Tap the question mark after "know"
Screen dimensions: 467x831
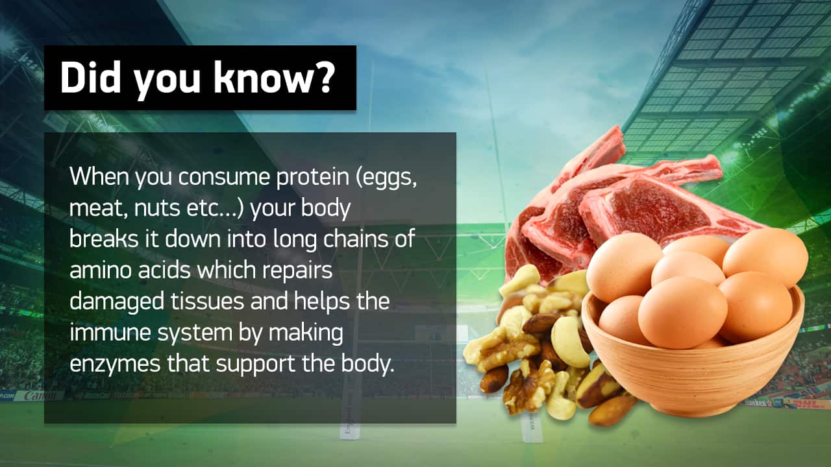[324, 78]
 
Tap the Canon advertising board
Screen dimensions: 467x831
[40, 396]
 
